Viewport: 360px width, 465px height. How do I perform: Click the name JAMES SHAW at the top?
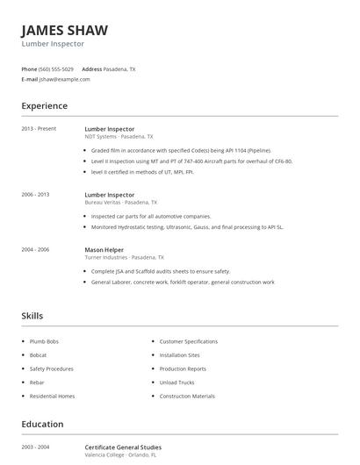[x=65, y=30]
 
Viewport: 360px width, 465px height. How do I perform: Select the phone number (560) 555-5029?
[x=57, y=68]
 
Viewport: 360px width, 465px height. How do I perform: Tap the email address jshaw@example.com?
[x=64, y=79]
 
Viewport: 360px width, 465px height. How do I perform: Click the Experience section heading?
[x=44, y=106]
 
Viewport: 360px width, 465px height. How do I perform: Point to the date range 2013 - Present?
[x=39, y=129]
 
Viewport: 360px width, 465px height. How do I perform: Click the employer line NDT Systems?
[x=119, y=137]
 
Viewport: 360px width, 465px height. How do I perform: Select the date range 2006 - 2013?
[x=36, y=194]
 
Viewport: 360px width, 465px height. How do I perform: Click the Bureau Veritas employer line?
[x=123, y=202]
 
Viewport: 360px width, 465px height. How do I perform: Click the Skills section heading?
[x=32, y=316]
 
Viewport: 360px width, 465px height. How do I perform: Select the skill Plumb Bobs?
[x=46, y=340]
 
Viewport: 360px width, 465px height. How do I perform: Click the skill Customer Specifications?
[x=189, y=340]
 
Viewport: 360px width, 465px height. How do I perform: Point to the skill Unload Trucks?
[x=177, y=383]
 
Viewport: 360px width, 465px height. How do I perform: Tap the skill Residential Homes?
[x=52, y=397]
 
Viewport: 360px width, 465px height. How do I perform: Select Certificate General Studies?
[x=123, y=447]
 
